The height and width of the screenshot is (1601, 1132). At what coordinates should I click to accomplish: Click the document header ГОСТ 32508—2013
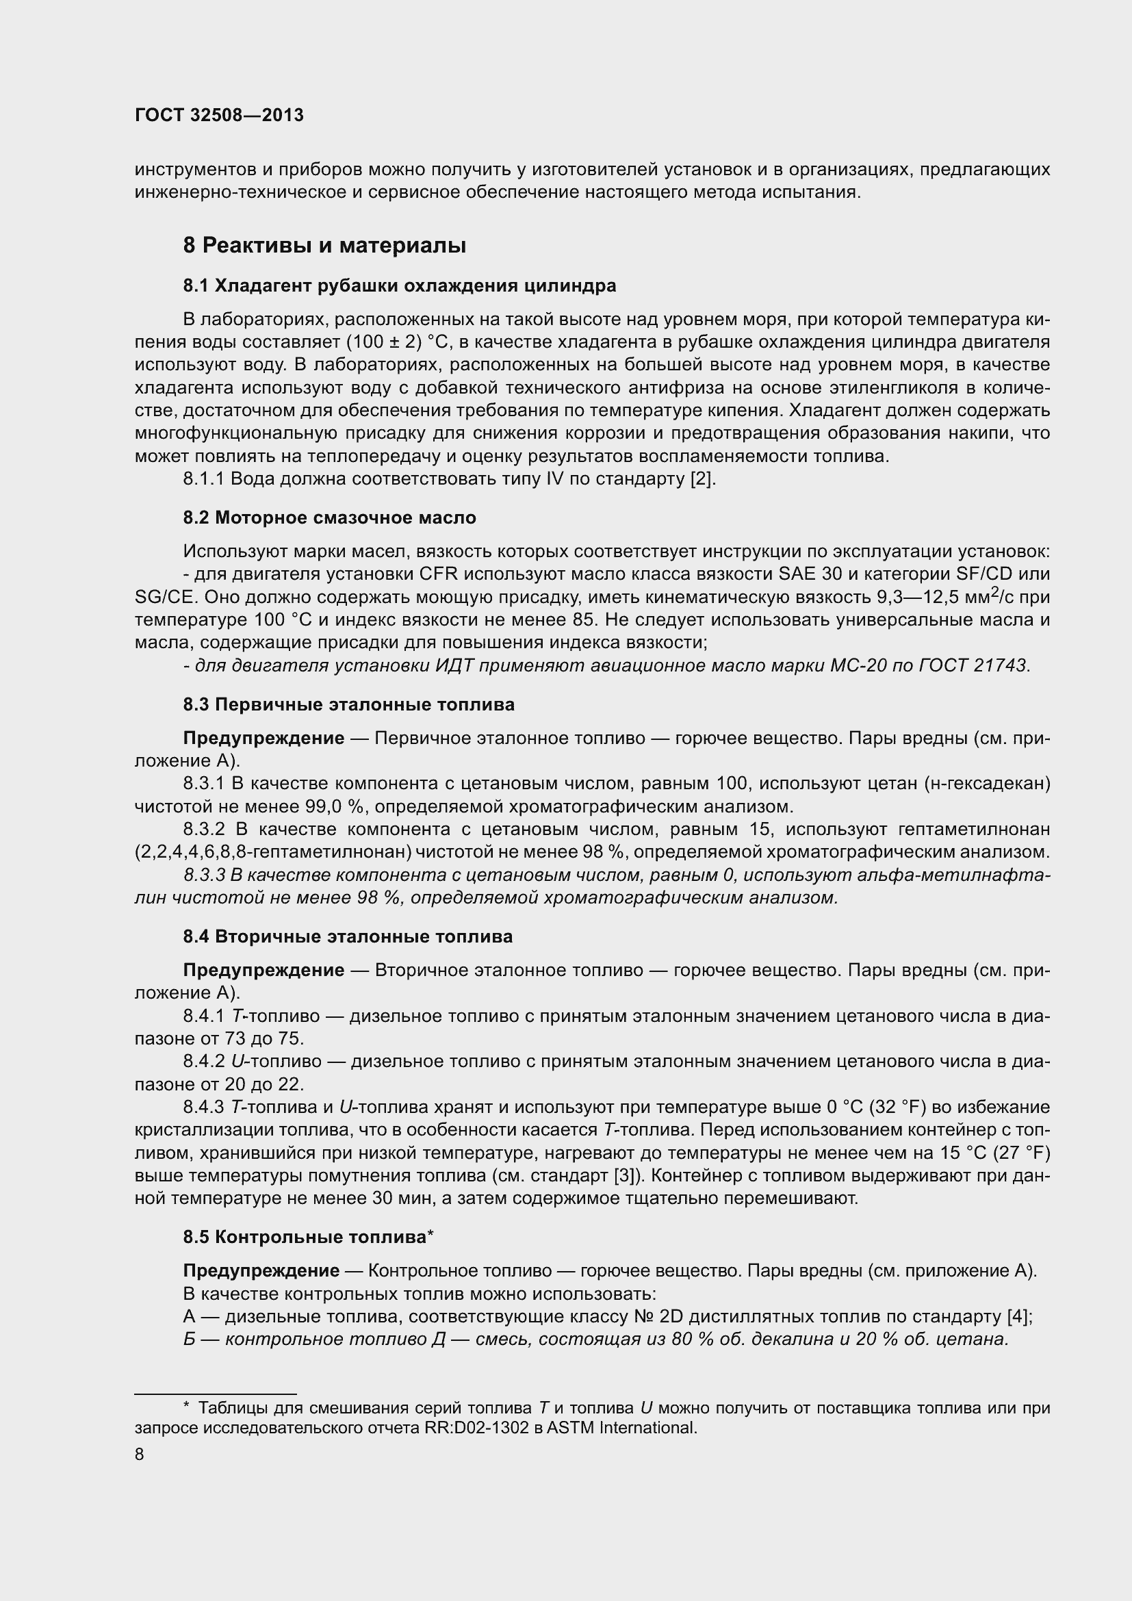[219, 116]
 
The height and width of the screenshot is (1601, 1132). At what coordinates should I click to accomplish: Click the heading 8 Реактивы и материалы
[324, 246]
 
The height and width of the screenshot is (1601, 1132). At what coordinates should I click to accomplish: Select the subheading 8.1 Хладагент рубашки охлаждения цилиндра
[400, 286]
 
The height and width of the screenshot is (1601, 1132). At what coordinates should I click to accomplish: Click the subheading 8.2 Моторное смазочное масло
[330, 518]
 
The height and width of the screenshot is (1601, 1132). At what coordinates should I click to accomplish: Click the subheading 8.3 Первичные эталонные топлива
[348, 705]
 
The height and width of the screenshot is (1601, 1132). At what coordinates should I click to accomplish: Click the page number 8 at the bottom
[140, 1455]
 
